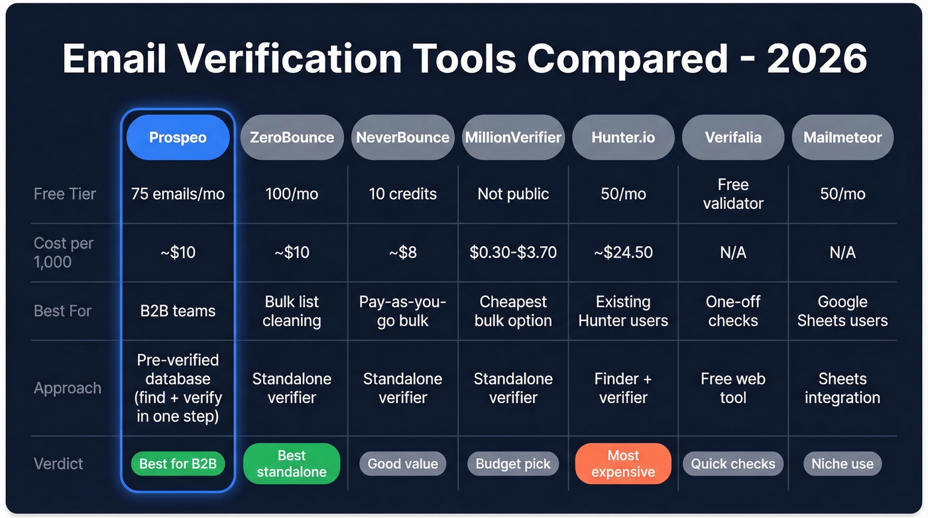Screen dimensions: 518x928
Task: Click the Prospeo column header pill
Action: (178, 137)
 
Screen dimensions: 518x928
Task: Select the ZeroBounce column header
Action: (292, 137)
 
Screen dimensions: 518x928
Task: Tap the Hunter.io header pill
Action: (623, 137)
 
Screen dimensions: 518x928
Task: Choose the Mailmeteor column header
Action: (842, 137)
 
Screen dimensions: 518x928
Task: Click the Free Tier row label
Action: (65, 194)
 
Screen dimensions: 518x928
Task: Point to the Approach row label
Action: (68, 388)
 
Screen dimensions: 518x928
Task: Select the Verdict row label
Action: (59, 464)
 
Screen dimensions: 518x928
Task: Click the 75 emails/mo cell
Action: (178, 194)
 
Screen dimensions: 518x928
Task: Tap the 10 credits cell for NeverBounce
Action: (402, 194)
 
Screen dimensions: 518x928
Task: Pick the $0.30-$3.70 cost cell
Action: (513, 253)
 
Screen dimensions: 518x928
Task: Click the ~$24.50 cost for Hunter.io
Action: (623, 253)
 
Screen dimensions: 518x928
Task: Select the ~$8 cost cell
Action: (402, 253)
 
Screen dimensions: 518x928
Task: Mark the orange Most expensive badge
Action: (623, 464)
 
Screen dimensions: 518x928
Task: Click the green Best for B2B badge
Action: (178, 464)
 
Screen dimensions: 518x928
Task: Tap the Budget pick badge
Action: (513, 464)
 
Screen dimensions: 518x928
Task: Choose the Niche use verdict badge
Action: (842, 464)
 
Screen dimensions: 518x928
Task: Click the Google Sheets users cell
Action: (842, 311)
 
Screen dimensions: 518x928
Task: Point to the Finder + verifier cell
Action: (623, 388)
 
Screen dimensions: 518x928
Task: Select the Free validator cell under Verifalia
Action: (733, 194)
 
